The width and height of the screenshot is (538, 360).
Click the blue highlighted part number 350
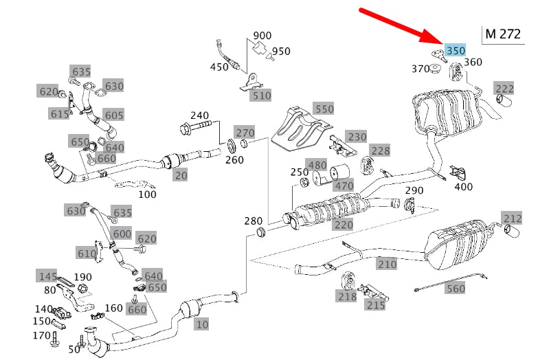[455, 50]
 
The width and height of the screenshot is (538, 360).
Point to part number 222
[505, 88]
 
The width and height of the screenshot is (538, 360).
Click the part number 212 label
[513, 219]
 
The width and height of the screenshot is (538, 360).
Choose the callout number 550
[323, 109]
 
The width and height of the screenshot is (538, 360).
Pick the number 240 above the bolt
[199, 115]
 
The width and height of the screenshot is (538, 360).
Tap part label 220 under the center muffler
[344, 225]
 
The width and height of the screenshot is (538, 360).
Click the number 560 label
[456, 289]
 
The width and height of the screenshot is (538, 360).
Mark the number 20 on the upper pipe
[181, 175]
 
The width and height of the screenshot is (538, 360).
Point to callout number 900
[262, 35]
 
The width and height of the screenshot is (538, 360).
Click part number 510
[261, 95]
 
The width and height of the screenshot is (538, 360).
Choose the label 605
[114, 115]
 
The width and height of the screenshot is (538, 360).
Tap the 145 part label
[47, 276]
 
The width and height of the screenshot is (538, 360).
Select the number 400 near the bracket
[463, 186]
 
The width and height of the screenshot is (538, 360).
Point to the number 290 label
[414, 190]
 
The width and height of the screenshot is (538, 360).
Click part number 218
[347, 296]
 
